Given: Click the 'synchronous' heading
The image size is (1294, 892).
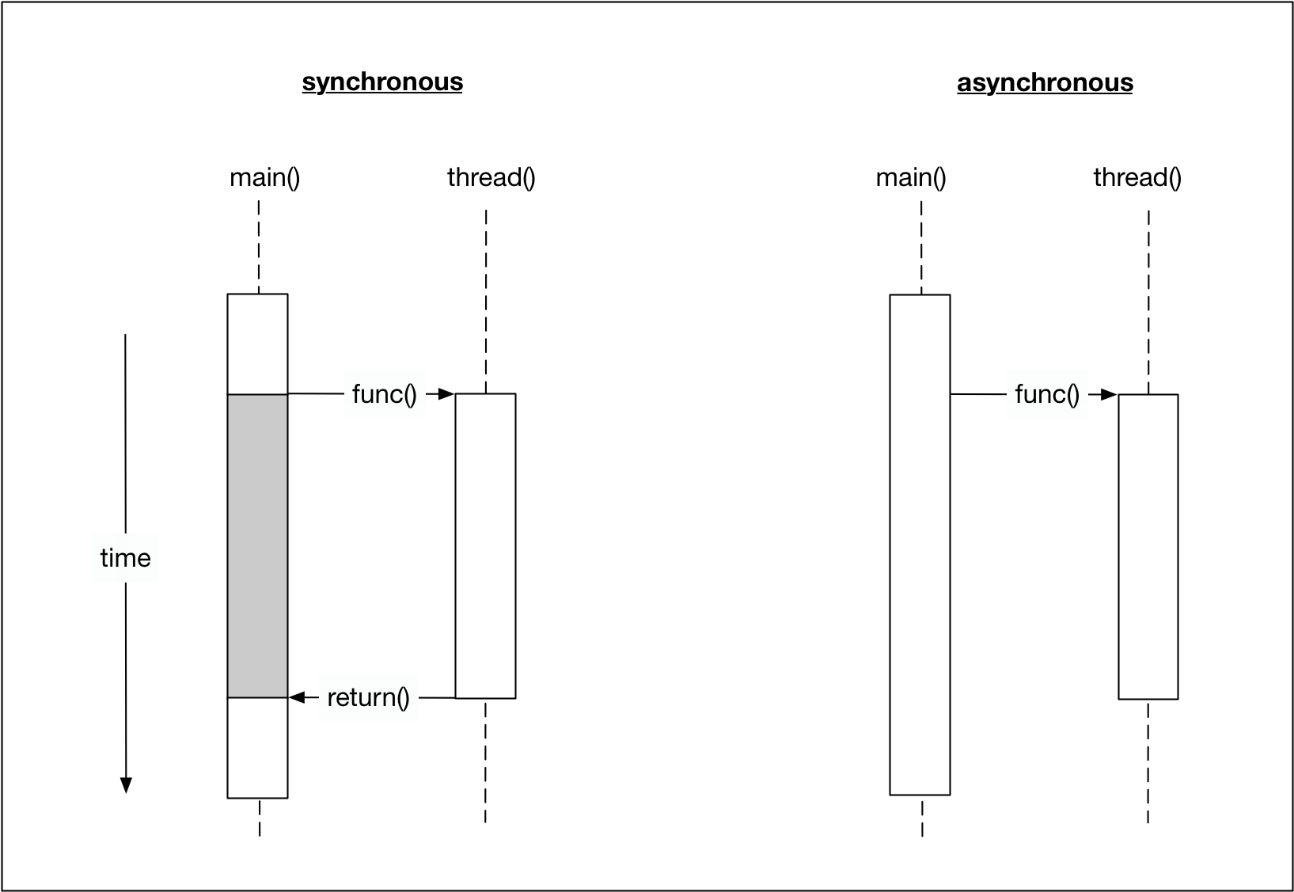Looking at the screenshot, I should pyautogui.click(x=382, y=82).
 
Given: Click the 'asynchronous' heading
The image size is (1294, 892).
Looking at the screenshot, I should pyautogui.click(x=1045, y=83).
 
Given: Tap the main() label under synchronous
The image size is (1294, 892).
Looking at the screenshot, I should pyautogui.click(x=264, y=177).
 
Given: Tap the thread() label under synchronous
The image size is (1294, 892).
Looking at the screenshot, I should pyautogui.click(x=491, y=177).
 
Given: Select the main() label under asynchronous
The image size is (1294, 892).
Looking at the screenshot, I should pyautogui.click(x=910, y=177).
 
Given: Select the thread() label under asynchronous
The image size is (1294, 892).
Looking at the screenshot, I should pyautogui.click(x=1137, y=177).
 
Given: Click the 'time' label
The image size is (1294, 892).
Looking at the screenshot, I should pyautogui.click(x=125, y=558).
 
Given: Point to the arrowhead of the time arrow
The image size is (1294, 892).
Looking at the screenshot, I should pyautogui.click(x=125, y=784).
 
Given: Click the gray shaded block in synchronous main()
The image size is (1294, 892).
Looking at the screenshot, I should pyautogui.click(x=257, y=545).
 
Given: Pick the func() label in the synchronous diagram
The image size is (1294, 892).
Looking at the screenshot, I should pyautogui.click(x=384, y=394).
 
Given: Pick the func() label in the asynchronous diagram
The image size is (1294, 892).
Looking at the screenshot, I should pyautogui.click(x=1046, y=394).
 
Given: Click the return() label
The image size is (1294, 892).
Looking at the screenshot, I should pyautogui.click(x=368, y=697).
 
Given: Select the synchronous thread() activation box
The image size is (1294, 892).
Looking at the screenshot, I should pyautogui.click(x=485, y=545).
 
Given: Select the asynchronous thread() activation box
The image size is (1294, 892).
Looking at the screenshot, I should pyautogui.click(x=1148, y=546).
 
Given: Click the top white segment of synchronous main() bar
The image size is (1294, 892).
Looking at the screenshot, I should pyautogui.click(x=257, y=344).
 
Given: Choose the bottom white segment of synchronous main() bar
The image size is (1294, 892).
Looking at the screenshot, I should pyautogui.click(x=257, y=747).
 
